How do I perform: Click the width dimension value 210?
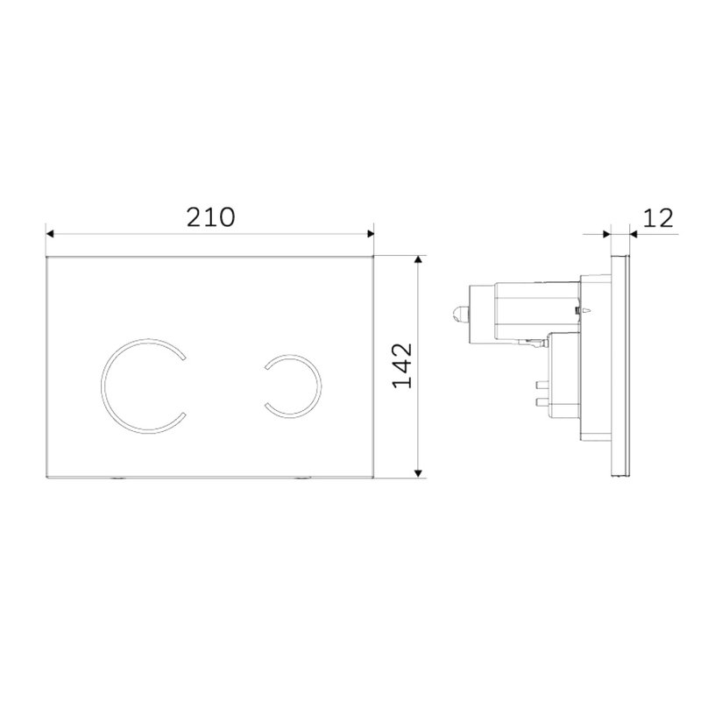pos(210,217)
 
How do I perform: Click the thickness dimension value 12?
pos(658,218)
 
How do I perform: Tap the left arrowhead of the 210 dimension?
pos(50,233)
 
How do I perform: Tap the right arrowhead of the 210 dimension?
pos(370,233)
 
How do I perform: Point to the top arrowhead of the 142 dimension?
pos(418,259)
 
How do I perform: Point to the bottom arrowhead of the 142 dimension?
pos(418,473)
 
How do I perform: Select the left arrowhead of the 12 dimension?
pos(606,233)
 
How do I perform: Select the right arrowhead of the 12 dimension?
pos(634,233)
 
